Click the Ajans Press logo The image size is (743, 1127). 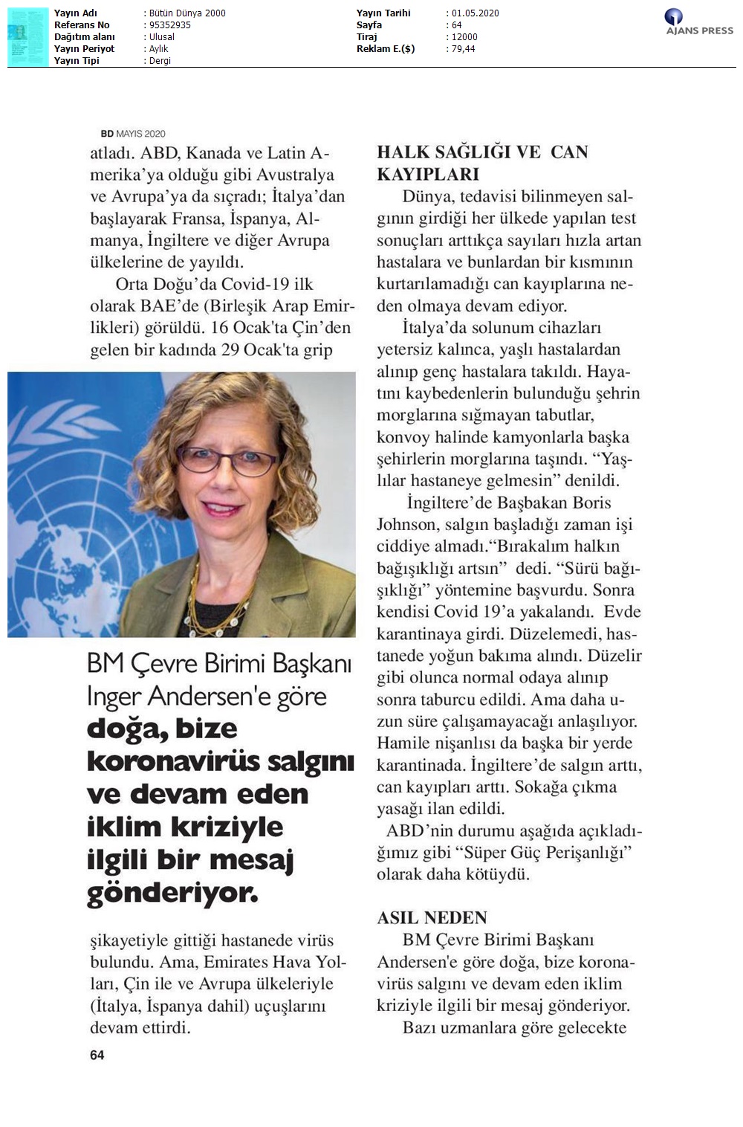pos(698,22)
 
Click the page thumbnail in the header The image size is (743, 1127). pos(27,36)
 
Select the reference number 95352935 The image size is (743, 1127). pos(169,25)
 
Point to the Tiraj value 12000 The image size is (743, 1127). pos(464,36)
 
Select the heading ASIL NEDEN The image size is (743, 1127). pos(432,917)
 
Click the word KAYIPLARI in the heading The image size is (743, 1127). pos(428,174)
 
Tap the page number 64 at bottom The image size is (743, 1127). pos(97,1055)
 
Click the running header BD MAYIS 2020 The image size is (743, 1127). pos(132,134)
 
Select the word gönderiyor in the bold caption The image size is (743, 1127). pos(172,893)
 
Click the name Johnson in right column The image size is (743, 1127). pos(406,524)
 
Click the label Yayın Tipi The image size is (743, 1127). pos(77,60)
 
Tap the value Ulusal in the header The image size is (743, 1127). pos(162,36)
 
